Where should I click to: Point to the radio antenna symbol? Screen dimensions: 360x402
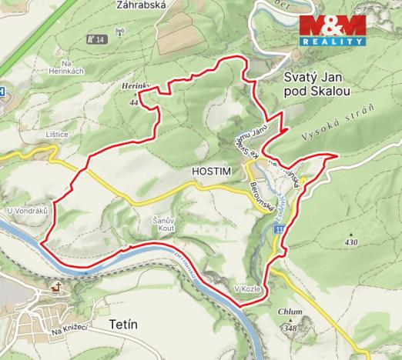pos(119,34)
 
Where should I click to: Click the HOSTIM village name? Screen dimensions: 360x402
pos(210,169)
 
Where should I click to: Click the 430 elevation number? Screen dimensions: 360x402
pos(353,242)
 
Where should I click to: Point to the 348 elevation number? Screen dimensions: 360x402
pos(290,328)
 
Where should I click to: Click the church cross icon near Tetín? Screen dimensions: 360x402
pos(55,288)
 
